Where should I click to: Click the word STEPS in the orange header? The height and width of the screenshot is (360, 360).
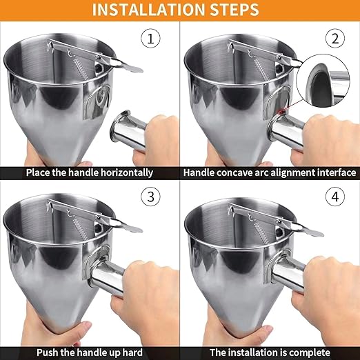pyautogui.click(x=235, y=10)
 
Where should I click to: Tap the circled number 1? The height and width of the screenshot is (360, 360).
pyautogui.click(x=151, y=38)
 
